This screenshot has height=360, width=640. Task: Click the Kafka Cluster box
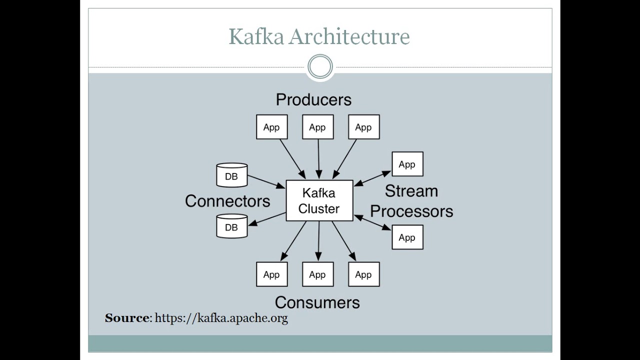[319, 200]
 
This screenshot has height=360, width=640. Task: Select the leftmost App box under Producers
[271, 127]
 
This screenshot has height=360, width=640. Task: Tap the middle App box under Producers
[317, 127]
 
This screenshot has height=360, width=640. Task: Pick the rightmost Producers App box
[363, 127]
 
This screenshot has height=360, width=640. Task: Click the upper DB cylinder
[231, 175]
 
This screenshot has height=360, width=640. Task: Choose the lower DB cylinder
[231, 226]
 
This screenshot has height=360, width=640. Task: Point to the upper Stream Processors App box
[407, 164]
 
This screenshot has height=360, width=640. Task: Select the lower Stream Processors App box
[407, 237]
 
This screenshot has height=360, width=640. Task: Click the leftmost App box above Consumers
[271, 274]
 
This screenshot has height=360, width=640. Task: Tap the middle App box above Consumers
[317, 274]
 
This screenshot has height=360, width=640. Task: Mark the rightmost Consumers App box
[363, 274]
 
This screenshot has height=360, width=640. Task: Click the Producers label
[313, 99]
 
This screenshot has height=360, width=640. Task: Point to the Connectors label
[227, 201]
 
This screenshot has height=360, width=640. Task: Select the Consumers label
[317, 302]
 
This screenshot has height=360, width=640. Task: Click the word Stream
[411, 191]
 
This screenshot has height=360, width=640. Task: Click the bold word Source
[127, 318]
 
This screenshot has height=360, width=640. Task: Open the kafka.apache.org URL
[221, 318]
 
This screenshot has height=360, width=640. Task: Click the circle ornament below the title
[320, 67]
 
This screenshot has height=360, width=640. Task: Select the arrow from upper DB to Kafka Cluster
[266, 181]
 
